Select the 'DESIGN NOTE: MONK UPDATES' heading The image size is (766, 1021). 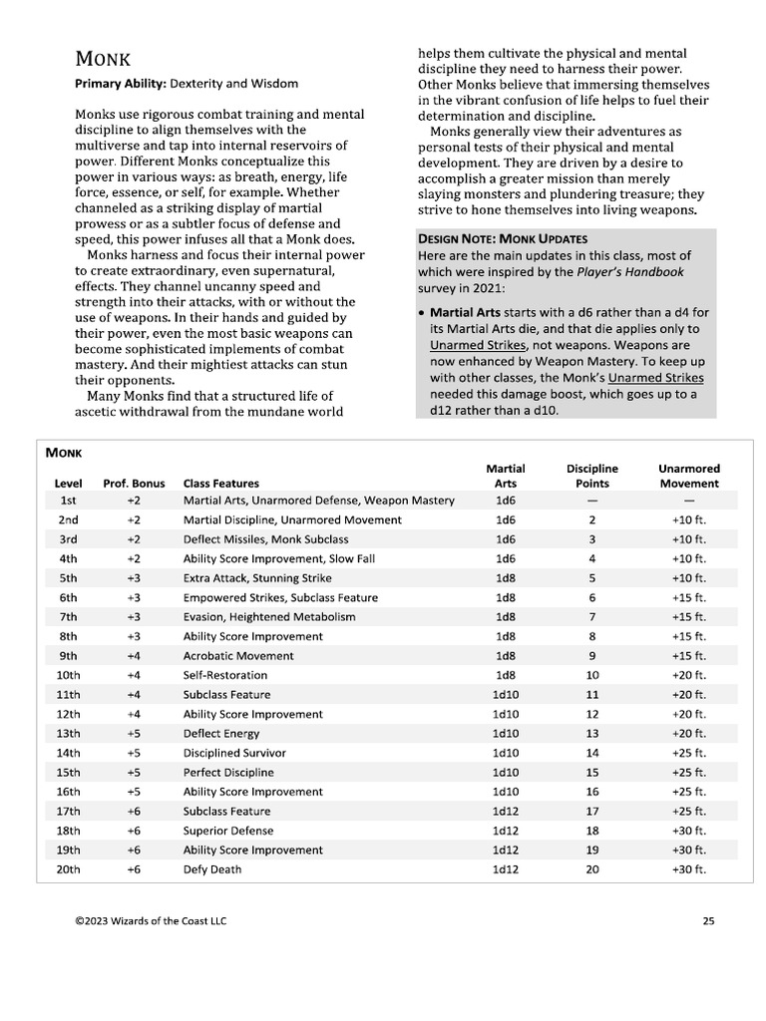(502, 239)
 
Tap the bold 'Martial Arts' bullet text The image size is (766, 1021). (465, 313)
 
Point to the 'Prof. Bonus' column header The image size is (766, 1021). (134, 483)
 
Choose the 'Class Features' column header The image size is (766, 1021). (220, 483)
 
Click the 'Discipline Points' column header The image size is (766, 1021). (591, 476)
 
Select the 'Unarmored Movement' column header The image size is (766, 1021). (688, 476)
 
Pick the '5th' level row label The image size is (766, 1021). (68, 578)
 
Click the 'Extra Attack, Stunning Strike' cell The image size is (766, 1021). (257, 578)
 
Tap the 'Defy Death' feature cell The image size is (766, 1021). (211, 869)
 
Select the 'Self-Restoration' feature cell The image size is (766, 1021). (225, 675)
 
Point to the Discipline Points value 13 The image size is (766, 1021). (592, 734)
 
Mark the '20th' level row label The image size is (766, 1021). (68, 869)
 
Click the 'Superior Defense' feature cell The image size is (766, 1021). (227, 831)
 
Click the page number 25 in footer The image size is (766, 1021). (708, 921)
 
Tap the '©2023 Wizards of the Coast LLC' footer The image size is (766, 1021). (151, 921)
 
